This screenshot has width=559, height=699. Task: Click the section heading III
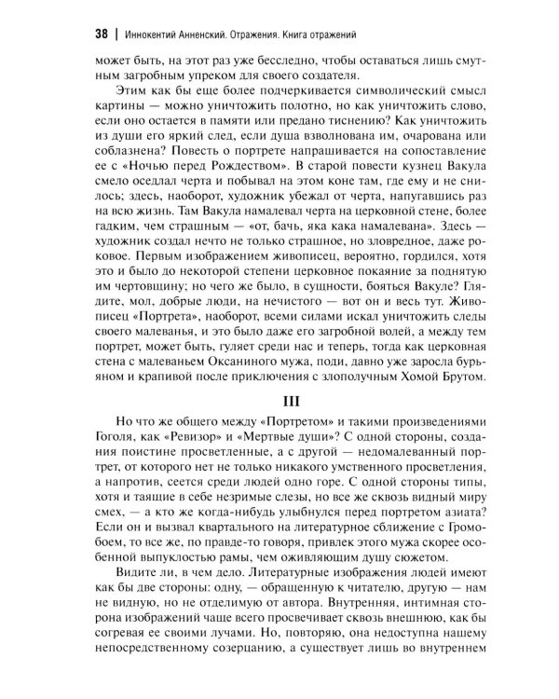tap(279, 397)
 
